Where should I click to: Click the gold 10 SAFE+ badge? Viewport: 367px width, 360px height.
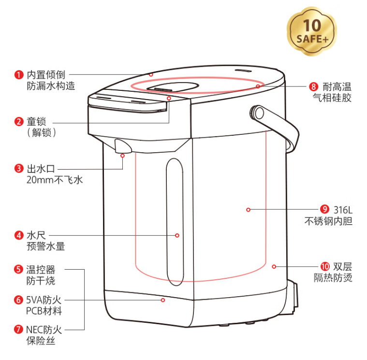[313, 31]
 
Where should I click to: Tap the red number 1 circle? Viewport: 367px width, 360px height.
[19, 74]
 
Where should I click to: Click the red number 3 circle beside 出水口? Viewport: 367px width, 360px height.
[19, 169]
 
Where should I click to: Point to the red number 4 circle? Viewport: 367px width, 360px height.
[19, 235]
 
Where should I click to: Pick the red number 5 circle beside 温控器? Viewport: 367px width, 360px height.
[19, 269]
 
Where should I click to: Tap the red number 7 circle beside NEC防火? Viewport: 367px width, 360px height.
[19, 330]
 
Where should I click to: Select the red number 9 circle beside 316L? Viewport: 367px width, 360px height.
[324, 210]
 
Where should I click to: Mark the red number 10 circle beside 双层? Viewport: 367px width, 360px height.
[324, 266]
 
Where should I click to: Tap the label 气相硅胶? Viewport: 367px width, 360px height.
[332, 98]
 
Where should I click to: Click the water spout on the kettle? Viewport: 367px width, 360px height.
[122, 146]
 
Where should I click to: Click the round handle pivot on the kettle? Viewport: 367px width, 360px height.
[259, 113]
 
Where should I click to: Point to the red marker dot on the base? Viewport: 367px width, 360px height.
[163, 300]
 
